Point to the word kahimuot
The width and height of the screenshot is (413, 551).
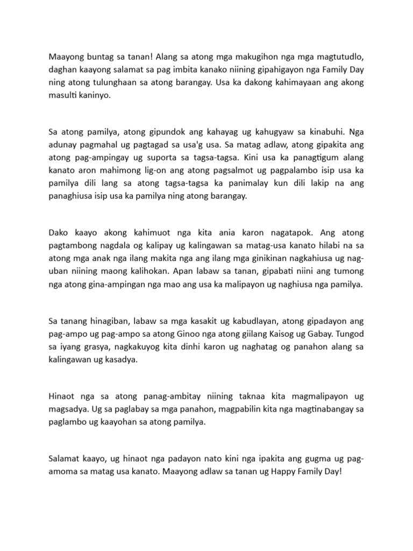tap(145, 233)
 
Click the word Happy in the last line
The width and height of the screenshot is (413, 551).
tap(268, 471)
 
